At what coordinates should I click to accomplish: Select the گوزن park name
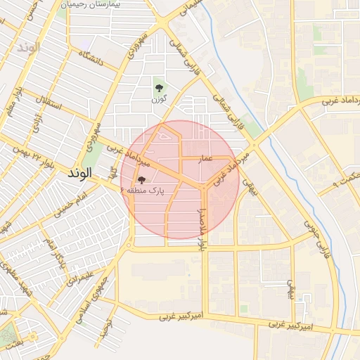tap(159, 100)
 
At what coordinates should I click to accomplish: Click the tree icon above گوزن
tap(159, 89)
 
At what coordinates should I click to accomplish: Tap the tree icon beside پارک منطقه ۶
tap(142, 181)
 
